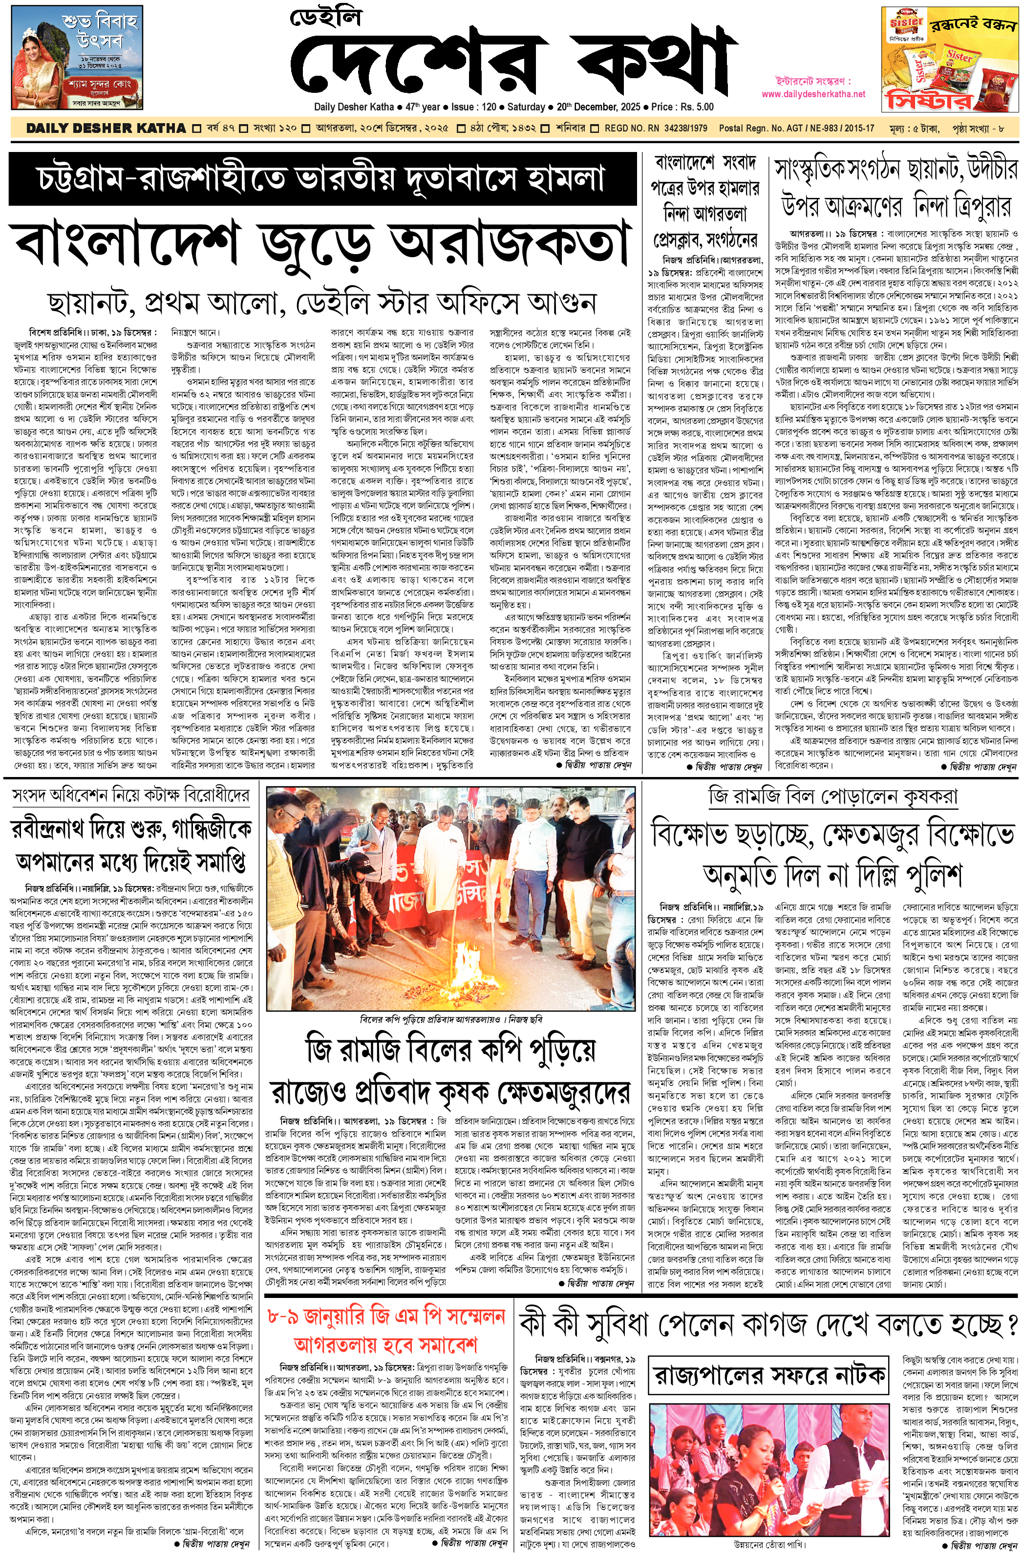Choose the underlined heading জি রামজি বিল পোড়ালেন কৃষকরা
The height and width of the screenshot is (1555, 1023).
coord(833,797)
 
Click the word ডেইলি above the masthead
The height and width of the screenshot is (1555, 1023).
coord(325,17)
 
